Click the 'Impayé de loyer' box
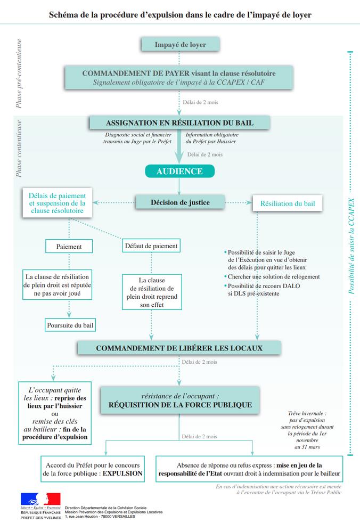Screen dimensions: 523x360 180,45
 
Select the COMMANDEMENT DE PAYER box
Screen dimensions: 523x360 179,78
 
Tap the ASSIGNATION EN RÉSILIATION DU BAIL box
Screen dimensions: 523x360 179,123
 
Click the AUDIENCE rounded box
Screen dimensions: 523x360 179,171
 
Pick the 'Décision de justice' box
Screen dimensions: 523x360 180,202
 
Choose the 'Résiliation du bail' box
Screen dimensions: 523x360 287,203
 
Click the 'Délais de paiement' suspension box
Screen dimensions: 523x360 57,203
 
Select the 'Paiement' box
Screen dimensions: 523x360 69,247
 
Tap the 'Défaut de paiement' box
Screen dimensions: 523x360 151,246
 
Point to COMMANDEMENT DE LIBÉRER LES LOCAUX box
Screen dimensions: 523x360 179,348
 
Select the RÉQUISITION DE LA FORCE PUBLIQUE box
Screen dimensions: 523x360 180,401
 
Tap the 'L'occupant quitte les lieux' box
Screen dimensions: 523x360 54,413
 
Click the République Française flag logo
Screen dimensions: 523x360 40,502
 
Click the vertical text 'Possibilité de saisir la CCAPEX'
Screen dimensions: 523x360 351,247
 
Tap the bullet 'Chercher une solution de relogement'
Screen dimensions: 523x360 274,276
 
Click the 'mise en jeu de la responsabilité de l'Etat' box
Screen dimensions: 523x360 249,468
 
